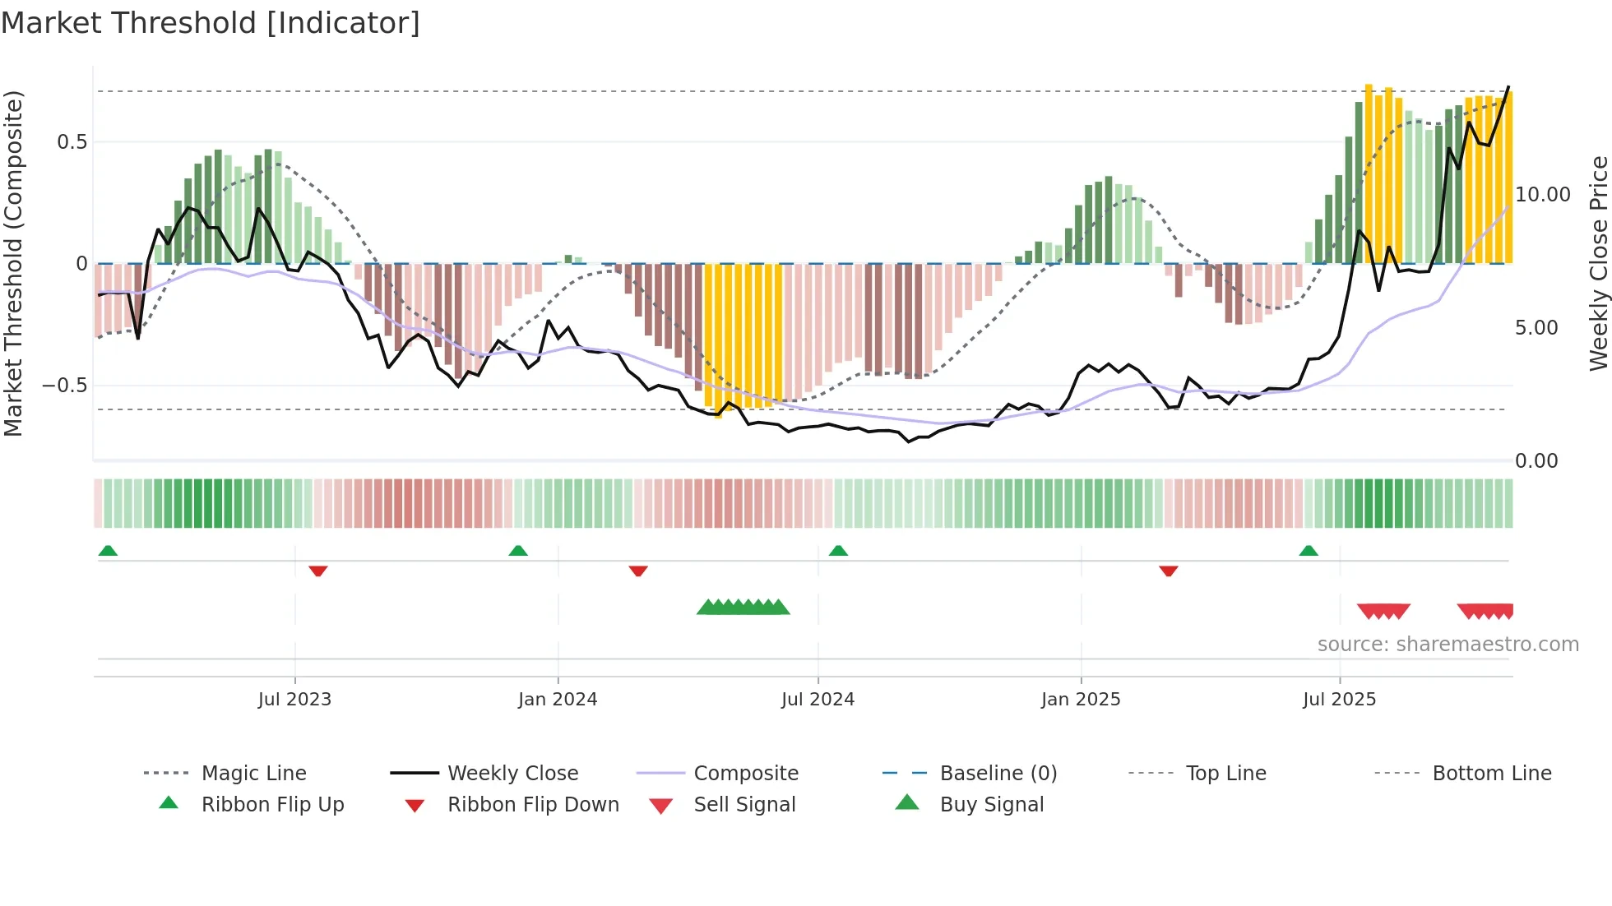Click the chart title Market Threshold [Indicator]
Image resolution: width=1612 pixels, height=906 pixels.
click(x=211, y=23)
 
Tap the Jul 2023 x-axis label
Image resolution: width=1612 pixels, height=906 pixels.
click(x=294, y=700)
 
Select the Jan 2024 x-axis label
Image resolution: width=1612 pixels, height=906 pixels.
click(x=558, y=700)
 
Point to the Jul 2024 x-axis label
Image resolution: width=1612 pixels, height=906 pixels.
click(x=818, y=700)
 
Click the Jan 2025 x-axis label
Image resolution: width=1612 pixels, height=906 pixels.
click(x=1080, y=700)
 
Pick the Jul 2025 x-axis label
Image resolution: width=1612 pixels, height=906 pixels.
click(x=1339, y=700)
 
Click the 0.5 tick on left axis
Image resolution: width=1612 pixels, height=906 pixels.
click(x=72, y=142)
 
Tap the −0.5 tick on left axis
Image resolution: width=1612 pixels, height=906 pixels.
click(x=65, y=386)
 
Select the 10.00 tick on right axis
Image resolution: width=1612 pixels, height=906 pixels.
click(x=1543, y=195)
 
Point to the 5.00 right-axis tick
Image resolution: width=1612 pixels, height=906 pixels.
click(x=1536, y=328)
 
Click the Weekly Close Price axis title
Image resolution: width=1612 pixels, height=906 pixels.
click(x=1598, y=263)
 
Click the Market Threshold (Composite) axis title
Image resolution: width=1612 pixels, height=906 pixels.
click(x=13, y=263)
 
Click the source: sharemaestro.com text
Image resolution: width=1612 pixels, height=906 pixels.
click(x=1448, y=645)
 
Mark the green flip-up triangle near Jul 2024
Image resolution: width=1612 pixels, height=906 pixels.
click(x=838, y=551)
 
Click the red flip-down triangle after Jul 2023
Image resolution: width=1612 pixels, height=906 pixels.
click(x=318, y=571)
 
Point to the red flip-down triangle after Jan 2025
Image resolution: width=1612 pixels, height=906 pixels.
click(x=1168, y=571)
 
